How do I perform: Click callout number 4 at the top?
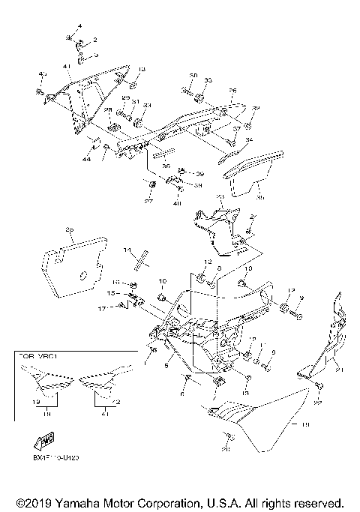tap(79, 27)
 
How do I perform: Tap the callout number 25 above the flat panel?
tap(69, 230)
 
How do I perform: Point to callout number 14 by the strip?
tap(127, 250)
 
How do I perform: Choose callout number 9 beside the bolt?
tap(301, 298)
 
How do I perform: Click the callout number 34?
tap(249, 140)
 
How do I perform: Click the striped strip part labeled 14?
tap(139, 259)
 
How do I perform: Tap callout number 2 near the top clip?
tap(94, 38)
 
